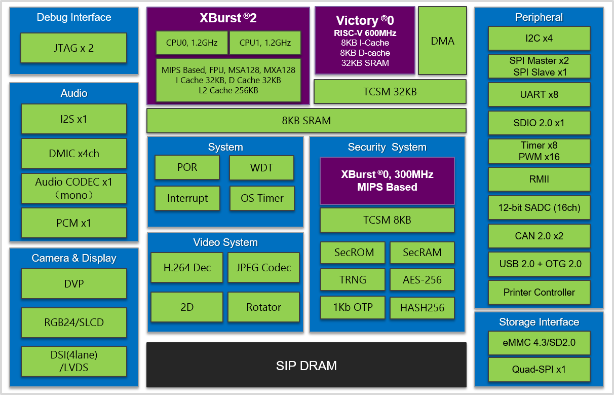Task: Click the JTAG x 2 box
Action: click(x=73, y=48)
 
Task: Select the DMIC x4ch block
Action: click(x=74, y=154)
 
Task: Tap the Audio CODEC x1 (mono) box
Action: click(x=74, y=188)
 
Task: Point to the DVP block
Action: click(x=74, y=284)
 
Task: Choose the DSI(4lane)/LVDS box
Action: click(x=74, y=361)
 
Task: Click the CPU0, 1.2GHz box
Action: click(x=191, y=43)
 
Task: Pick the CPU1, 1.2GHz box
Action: click(x=265, y=43)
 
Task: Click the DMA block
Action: click(x=442, y=41)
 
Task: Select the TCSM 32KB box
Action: click(x=390, y=92)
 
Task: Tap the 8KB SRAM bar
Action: click(x=306, y=121)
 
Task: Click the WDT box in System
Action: click(x=261, y=167)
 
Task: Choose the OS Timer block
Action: click(x=261, y=198)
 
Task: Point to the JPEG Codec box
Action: click(x=263, y=268)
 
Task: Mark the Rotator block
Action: click(x=263, y=307)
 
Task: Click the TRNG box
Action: click(x=353, y=280)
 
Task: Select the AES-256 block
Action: click(x=421, y=280)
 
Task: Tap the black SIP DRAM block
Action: click(x=306, y=365)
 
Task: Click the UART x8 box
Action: click(x=539, y=94)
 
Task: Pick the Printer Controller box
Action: click(x=539, y=292)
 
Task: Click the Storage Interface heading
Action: click(x=539, y=322)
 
